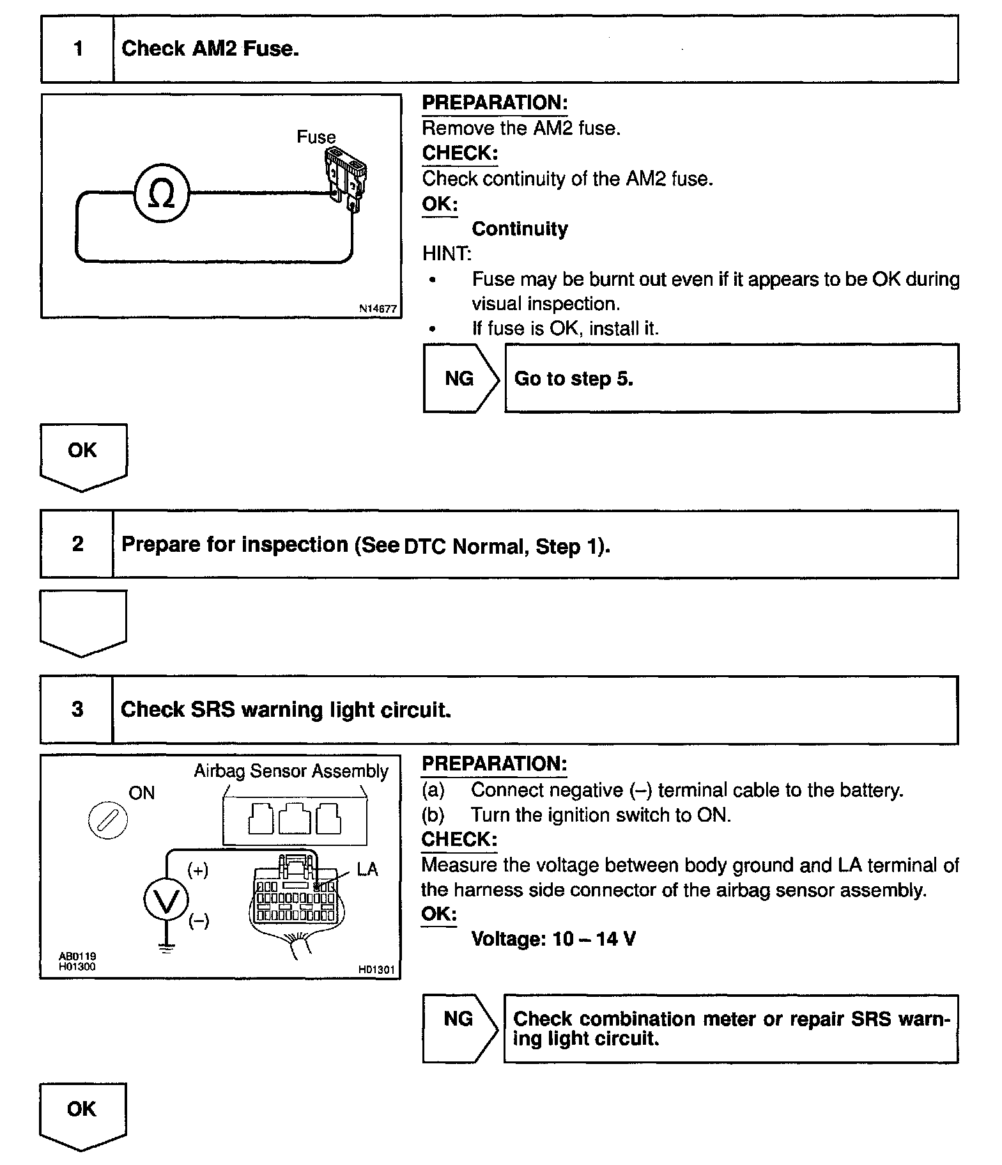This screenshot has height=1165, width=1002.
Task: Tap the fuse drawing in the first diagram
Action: click(347, 176)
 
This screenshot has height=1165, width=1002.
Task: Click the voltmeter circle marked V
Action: click(166, 900)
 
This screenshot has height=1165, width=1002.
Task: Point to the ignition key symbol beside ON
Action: click(107, 820)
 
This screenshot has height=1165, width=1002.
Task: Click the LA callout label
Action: click(367, 870)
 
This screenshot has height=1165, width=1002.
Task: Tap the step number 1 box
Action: click(78, 49)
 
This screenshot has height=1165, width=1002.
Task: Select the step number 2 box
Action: click(77, 544)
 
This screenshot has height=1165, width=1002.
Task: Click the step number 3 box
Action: click(77, 709)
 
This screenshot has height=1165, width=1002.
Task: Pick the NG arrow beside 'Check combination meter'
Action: click(459, 1028)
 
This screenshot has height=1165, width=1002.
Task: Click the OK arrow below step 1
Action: click(83, 455)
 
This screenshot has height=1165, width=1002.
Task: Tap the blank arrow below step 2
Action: click(83, 622)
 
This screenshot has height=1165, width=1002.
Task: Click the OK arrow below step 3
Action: click(82, 1114)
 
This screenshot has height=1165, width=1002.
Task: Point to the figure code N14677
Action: click(378, 309)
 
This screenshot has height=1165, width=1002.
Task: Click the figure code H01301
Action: click(376, 970)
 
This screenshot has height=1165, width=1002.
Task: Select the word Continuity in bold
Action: click(520, 229)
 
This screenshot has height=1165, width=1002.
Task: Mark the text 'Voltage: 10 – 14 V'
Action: click(553, 939)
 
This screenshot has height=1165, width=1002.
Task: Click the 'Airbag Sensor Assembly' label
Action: click(291, 771)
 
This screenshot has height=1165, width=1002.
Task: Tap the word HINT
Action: click(447, 254)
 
